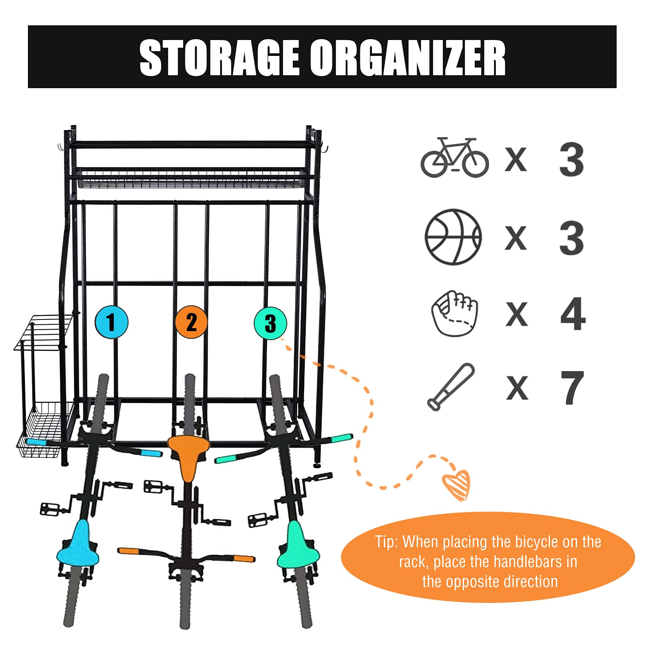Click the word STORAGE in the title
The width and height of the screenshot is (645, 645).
[x=219, y=58]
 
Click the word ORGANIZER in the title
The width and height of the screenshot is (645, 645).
[x=408, y=58]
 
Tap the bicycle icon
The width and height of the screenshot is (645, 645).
[x=455, y=157]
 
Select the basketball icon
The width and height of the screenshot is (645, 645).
[x=453, y=237]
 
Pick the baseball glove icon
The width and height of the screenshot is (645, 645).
[x=455, y=313]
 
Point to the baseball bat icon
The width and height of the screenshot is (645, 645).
[x=451, y=387]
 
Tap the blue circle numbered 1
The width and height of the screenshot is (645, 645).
[x=111, y=322]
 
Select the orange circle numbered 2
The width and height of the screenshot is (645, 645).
[x=191, y=322]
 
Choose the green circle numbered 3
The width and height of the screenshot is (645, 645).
[x=270, y=323]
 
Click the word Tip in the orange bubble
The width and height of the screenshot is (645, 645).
[x=385, y=542]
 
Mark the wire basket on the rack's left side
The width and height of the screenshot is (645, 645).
[x=43, y=428]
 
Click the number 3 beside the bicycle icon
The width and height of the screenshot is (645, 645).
[x=572, y=160]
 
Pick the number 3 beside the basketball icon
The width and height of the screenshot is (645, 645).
[x=572, y=237]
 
